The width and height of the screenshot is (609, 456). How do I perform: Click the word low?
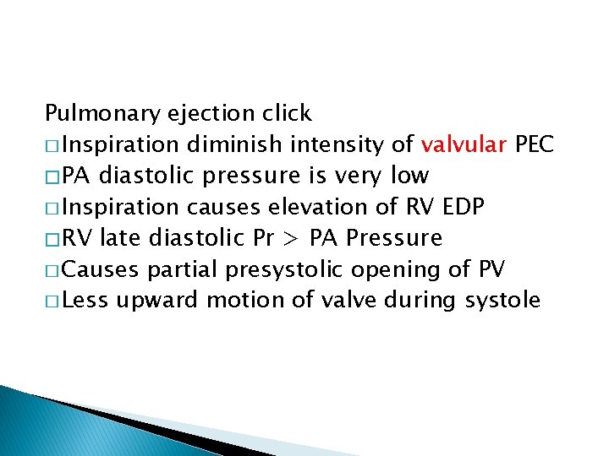click(x=409, y=176)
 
